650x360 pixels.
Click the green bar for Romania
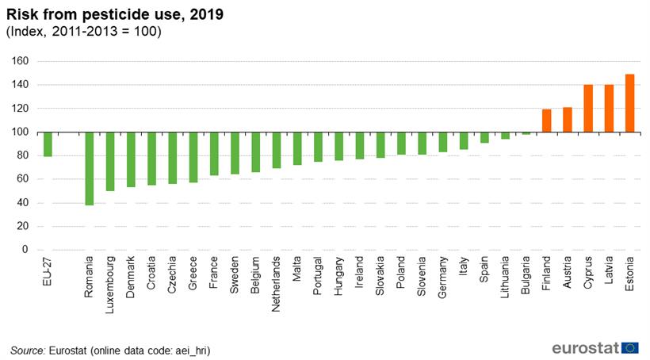click(90, 168)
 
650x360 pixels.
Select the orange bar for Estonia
click(630, 103)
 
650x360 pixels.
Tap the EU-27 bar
click(48, 144)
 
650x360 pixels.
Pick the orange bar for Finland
click(547, 121)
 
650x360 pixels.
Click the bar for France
click(214, 154)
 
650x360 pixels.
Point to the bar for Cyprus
click(588, 109)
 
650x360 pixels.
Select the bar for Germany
click(443, 142)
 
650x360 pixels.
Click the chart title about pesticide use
click(115, 13)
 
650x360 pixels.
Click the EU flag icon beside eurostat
click(630, 347)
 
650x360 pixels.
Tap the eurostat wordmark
click(586, 347)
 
